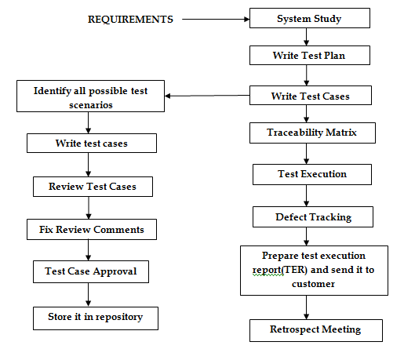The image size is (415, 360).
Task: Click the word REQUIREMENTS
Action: (130, 19)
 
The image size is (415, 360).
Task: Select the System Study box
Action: (309, 19)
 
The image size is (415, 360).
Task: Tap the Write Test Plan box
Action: (309, 56)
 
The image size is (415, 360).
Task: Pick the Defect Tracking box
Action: (313, 216)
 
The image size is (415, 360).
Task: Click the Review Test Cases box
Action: (93, 187)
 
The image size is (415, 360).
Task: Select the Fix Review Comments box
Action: (91, 230)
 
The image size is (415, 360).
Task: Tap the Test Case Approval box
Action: (90, 271)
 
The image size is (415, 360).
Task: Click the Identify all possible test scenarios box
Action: (90, 97)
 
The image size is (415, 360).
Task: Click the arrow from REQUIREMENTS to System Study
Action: (215, 19)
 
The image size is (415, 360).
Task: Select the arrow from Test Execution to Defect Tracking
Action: (312, 195)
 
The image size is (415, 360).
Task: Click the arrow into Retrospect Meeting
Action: (314, 307)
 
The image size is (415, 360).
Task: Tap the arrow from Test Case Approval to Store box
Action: (89, 295)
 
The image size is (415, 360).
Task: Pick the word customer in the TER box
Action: (314, 284)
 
